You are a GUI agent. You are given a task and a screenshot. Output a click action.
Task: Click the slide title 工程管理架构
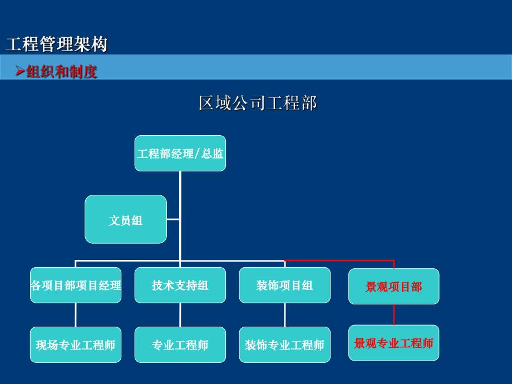(x=56, y=44)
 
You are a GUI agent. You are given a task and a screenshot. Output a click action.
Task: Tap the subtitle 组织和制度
(x=61, y=72)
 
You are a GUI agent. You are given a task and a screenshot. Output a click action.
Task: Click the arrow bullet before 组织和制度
(x=19, y=71)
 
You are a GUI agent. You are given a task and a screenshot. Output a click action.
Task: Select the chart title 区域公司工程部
(x=258, y=103)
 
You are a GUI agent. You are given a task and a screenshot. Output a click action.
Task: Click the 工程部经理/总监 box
(x=180, y=154)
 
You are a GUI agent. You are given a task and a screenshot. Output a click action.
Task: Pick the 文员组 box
(x=126, y=220)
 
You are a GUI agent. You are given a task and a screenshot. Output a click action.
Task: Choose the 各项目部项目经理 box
(x=76, y=285)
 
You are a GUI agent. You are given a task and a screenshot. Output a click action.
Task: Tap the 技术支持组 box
(x=180, y=285)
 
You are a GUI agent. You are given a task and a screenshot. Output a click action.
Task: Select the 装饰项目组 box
(x=284, y=285)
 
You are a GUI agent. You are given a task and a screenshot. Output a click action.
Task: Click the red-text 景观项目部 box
(x=393, y=287)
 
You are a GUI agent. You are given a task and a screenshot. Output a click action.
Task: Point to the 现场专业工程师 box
(x=76, y=345)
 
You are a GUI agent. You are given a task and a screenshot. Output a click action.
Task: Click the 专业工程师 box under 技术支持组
(x=180, y=345)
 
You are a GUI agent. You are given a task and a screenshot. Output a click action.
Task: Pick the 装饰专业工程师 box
(x=284, y=345)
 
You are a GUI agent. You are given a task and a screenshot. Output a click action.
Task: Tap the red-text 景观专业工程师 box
(x=393, y=343)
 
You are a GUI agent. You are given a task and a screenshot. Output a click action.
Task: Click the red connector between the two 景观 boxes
(x=394, y=314)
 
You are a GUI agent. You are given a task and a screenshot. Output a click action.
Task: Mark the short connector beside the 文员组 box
(x=173, y=219)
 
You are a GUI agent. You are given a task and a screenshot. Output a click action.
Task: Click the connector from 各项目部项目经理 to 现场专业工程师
(x=76, y=315)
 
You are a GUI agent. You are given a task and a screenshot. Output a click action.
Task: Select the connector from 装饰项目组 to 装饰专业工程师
(x=284, y=315)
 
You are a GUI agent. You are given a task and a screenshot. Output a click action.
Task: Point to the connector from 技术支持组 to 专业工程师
(x=180, y=315)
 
